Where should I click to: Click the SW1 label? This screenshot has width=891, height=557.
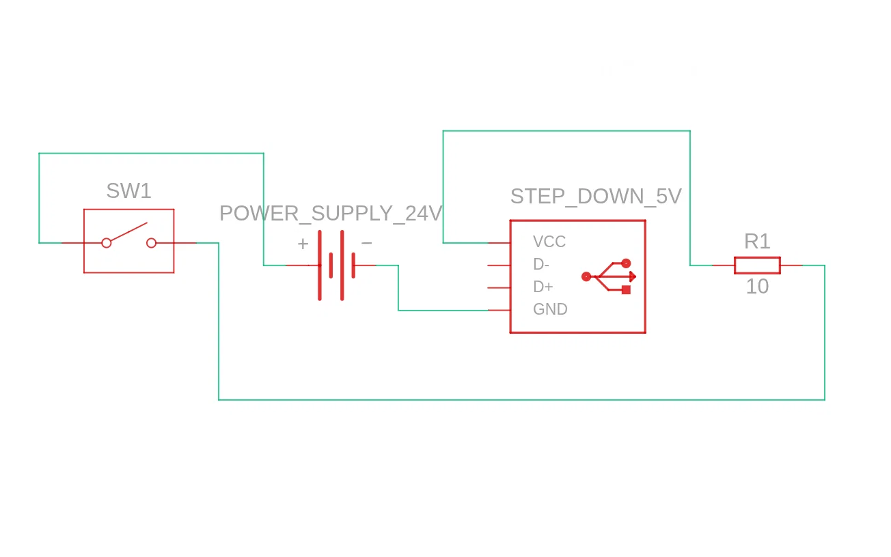pos(128,191)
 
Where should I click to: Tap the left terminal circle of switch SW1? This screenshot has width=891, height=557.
pos(107,243)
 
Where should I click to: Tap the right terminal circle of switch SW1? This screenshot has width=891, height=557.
pos(152,243)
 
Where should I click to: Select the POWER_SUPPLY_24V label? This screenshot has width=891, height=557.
pos(331,214)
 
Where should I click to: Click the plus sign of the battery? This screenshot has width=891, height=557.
pos(303,244)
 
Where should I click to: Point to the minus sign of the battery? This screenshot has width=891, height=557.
pos(366,243)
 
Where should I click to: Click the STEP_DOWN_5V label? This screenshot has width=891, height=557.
pos(596,197)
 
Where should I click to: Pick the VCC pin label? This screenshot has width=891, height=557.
pos(549,242)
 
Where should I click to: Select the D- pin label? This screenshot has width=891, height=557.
pos(541,264)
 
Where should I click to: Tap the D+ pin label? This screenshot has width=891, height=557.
pos(543,287)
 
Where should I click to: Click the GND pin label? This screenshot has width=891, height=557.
pos(550,310)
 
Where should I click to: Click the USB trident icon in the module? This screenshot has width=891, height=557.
pos(609,276)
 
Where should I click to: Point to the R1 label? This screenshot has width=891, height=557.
pos(757,242)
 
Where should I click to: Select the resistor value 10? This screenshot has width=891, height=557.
pos(757,287)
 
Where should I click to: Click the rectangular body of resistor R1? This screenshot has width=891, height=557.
pos(757,266)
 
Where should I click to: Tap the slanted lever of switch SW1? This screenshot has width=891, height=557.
pos(128,232)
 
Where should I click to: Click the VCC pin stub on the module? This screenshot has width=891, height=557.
pos(499,243)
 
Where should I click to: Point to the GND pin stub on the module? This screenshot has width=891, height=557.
pos(499,311)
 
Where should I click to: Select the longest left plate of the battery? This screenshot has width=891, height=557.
pos(320,266)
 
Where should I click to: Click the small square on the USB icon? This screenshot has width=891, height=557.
pos(626,290)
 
